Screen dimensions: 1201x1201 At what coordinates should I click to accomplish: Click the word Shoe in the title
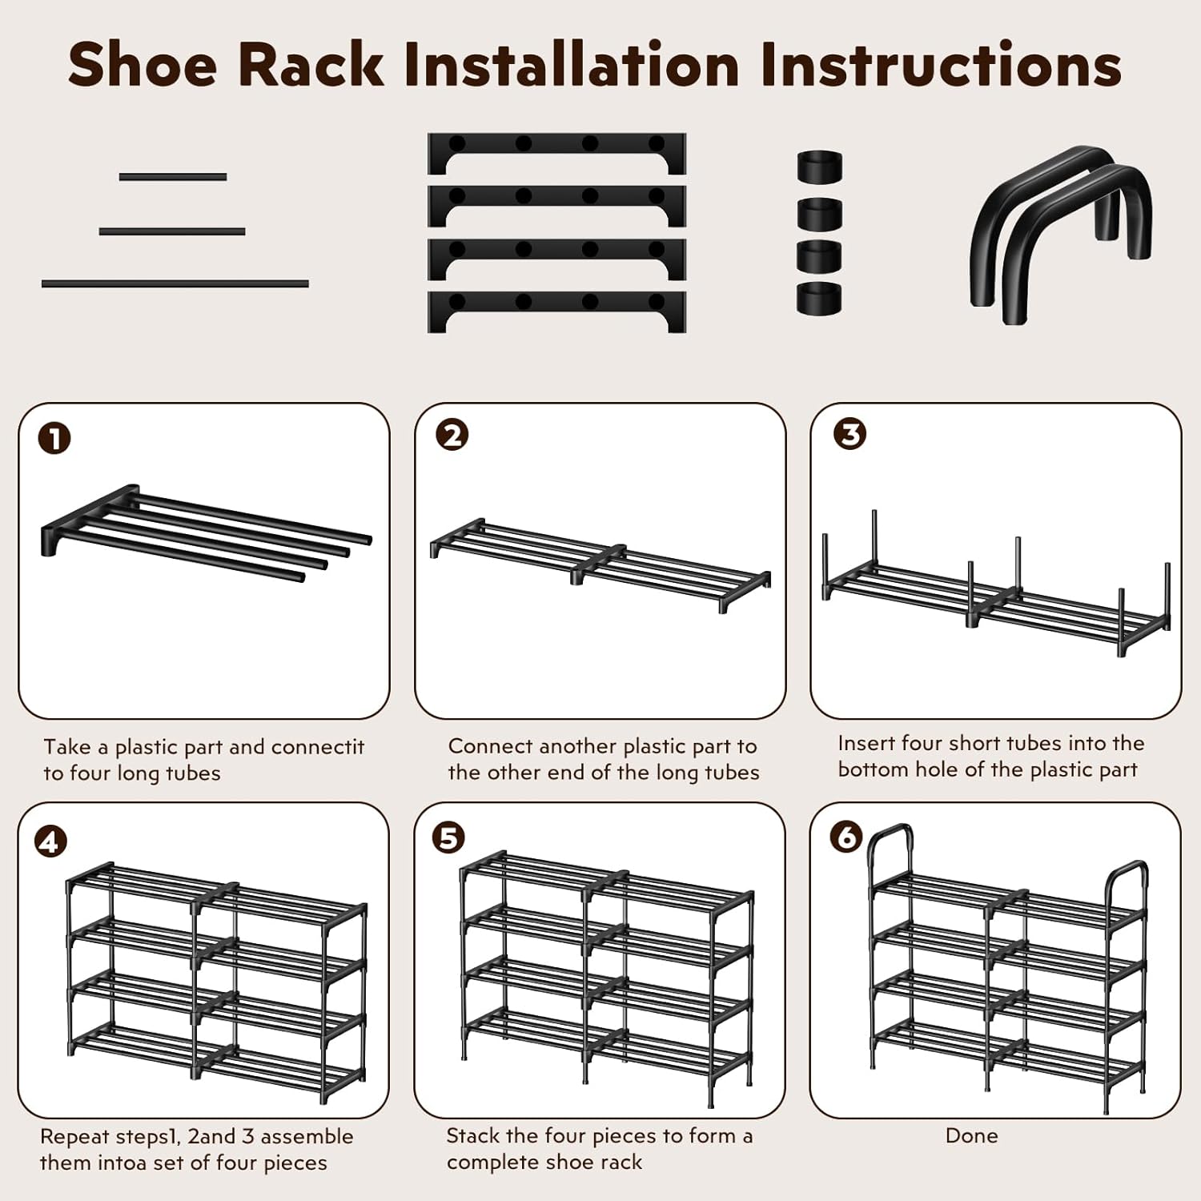point(143,64)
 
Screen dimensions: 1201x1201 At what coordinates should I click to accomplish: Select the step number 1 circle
point(54,439)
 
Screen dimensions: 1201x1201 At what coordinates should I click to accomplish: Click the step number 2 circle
point(452,436)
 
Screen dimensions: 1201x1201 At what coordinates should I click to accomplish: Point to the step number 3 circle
point(850,434)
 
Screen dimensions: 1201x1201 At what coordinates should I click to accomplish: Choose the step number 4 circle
point(50,842)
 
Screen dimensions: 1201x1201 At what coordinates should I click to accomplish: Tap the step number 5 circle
point(448,837)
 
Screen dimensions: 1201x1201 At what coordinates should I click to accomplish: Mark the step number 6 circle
point(846,837)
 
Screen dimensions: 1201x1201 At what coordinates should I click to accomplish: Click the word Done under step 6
point(971,1135)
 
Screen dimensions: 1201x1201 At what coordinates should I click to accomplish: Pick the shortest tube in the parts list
point(173,177)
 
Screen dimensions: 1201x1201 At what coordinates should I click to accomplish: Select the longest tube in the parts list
point(175,283)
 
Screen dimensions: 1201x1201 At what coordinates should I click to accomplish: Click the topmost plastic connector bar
point(556,154)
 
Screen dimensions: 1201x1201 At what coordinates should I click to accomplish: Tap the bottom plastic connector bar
point(556,311)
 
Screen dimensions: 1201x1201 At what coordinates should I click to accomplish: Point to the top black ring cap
point(819,166)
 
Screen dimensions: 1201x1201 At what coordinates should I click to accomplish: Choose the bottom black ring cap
point(819,298)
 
